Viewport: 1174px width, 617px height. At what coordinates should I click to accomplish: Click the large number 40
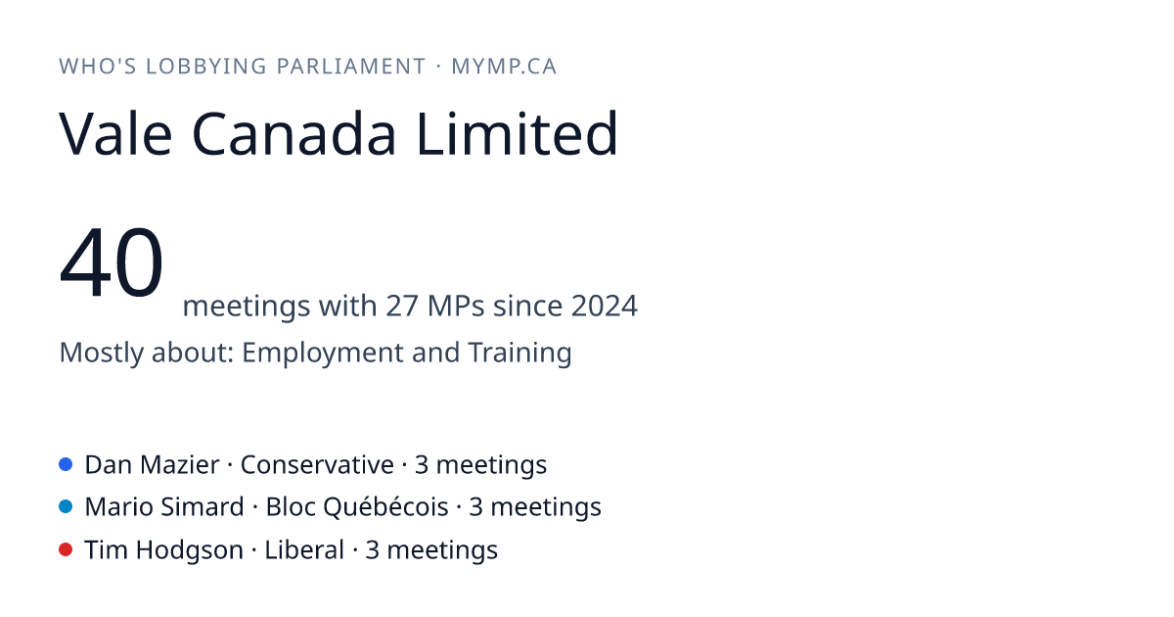tap(112, 261)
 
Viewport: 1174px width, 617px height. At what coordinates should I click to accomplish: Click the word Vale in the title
tap(115, 134)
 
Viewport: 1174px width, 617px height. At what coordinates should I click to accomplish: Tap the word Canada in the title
tap(294, 134)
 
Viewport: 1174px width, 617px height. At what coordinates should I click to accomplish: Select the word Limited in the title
tap(518, 133)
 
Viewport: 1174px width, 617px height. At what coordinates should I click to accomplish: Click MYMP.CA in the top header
tap(504, 67)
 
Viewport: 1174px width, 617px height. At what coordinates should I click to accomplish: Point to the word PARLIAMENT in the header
tap(350, 67)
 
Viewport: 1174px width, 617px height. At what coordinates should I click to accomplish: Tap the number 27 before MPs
tap(402, 306)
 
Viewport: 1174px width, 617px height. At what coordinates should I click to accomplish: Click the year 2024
tap(605, 306)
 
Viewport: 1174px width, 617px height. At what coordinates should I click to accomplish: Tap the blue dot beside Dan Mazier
tap(66, 464)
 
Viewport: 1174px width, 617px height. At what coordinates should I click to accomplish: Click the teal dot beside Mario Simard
tap(66, 507)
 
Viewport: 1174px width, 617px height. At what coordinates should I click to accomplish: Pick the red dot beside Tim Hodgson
tap(66, 549)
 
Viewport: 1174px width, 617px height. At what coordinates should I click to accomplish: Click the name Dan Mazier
tap(152, 465)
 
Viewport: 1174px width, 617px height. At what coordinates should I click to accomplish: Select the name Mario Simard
tap(164, 507)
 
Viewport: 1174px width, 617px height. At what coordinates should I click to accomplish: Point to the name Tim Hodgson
tap(164, 550)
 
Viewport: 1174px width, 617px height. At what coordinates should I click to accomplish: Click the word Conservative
tap(317, 465)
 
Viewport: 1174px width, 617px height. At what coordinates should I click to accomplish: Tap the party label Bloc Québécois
tap(357, 507)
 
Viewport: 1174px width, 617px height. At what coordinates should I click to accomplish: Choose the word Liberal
tap(304, 549)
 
